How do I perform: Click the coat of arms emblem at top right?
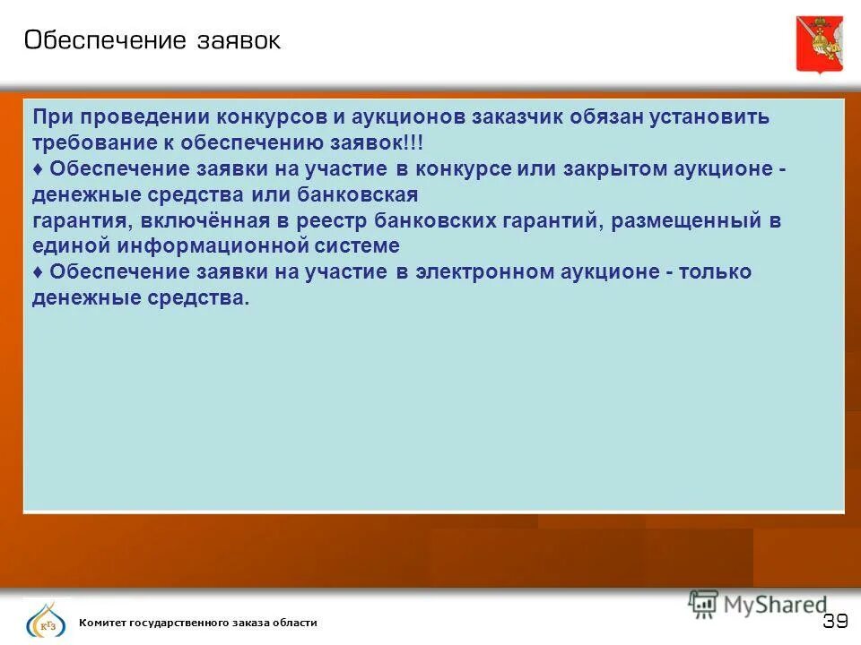coord(819,42)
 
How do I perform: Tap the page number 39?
coord(835,622)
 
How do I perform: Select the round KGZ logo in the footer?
coord(45,621)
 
